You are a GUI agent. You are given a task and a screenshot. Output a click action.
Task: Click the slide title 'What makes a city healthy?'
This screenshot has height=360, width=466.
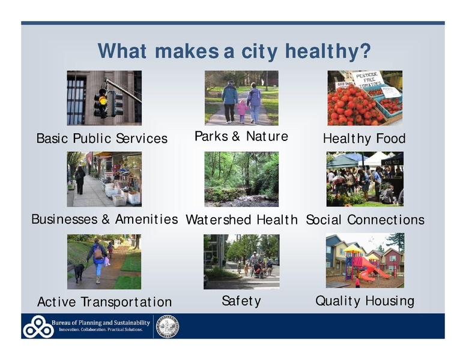coord(234,51)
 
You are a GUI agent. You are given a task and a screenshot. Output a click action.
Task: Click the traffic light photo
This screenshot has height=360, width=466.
coord(104,98)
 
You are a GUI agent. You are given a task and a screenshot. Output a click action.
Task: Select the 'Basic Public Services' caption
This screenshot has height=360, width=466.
coord(102,139)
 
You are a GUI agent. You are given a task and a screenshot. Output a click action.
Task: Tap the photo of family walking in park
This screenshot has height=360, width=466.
coord(241,98)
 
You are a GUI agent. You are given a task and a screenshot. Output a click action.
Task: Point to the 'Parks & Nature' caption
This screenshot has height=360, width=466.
coord(241,137)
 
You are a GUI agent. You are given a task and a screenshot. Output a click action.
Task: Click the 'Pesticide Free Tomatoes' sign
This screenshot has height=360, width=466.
coord(368,79)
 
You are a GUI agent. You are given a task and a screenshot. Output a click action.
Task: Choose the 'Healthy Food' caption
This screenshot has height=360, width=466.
coord(364,139)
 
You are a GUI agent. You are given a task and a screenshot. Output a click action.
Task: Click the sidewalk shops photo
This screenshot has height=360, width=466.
coord(104,179)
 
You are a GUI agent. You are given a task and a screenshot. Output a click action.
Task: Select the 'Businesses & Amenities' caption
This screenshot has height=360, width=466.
coord(104,220)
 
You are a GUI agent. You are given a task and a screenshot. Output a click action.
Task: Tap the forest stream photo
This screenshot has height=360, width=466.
coord(241,179)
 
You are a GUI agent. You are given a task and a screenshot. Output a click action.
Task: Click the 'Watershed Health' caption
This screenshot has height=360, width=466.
coord(241,220)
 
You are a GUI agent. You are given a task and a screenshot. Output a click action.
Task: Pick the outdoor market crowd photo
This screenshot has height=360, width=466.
coord(365,179)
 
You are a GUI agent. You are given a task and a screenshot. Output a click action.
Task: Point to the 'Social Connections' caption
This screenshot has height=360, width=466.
coord(365,220)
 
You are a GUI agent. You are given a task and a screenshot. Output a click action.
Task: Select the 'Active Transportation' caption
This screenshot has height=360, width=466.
coord(104,302)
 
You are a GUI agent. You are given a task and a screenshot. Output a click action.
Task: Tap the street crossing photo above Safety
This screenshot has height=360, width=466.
coord(241,262)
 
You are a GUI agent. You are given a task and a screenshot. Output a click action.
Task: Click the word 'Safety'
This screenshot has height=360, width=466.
coord(241,301)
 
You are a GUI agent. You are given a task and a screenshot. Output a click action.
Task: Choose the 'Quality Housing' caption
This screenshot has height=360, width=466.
coord(365,301)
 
